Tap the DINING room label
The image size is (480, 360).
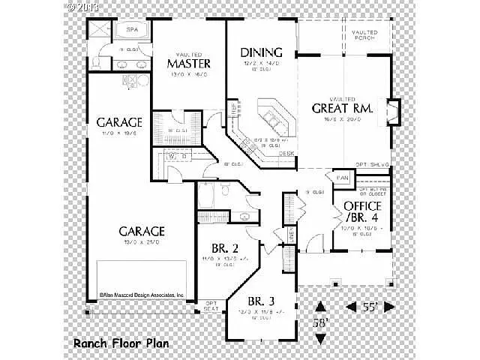tap(261, 52)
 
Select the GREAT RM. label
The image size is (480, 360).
tap(342, 107)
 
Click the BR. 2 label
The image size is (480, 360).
tap(224, 249)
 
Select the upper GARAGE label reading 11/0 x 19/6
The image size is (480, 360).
tap(119, 122)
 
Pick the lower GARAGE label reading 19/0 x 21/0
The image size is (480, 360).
tap(140, 231)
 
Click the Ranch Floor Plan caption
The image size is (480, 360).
tap(121, 343)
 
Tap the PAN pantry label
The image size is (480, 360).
tap(343, 178)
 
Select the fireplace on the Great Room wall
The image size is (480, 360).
tap(393, 112)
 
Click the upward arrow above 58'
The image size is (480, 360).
tap(320, 307)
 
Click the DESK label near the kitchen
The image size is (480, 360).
tap(286, 154)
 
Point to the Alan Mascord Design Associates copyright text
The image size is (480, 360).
tap(142, 296)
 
